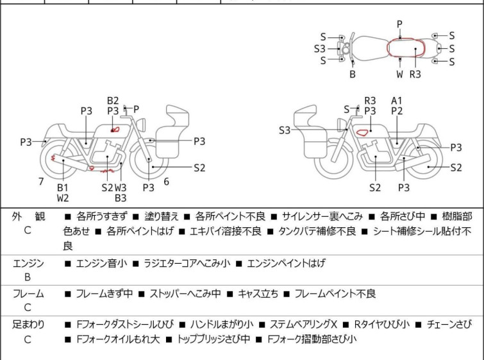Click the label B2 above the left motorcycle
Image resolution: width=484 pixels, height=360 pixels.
(x=113, y=100)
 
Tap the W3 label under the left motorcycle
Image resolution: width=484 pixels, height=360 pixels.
(x=121, y=187)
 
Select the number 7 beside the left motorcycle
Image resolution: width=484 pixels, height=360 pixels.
(x=41, y=182)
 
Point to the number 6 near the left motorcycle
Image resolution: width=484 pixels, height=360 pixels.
(x=166, y=182)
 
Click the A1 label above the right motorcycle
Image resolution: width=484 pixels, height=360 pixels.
(x=397, y=100)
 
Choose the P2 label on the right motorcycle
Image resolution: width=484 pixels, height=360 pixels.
(x=397, y=111)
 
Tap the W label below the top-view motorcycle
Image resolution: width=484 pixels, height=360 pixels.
(x=399, y=74)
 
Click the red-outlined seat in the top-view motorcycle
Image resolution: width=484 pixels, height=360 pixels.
(x=403, y=49)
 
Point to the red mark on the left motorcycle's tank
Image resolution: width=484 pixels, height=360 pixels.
(x=114, y=130)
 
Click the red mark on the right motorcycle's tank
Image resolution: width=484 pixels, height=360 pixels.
(x=362, y=133)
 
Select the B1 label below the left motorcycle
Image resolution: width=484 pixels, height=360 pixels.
(x=63, y=187)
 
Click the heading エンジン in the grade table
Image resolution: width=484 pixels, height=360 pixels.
(x=28, y=263)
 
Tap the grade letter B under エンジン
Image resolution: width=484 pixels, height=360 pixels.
(x=28, y=277)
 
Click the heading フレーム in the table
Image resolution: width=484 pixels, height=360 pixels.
(x=28, y=294)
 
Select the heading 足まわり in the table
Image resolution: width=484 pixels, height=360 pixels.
(x=28, y=325)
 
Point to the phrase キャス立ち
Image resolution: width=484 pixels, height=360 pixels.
(x=258, y=294)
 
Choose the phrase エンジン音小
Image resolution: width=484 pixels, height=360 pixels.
(x=101, y=263)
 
